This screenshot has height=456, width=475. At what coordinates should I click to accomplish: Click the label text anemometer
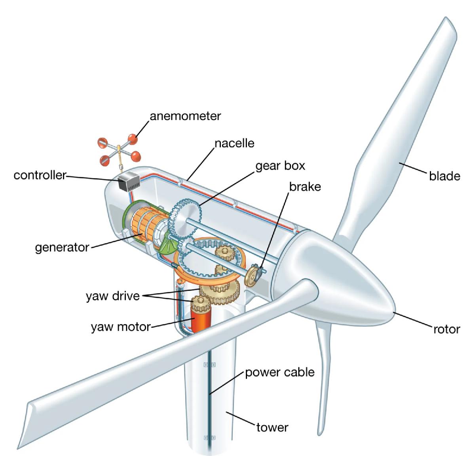coord(185,116)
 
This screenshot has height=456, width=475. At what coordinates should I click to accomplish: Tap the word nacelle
coord(234,143)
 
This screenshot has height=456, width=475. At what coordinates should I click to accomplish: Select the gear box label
coord(280,166)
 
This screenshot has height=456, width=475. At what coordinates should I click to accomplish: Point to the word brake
coord(305,187)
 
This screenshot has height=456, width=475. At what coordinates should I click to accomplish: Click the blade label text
coord(445,176)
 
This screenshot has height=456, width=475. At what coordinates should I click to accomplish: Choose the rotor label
coord(446,330)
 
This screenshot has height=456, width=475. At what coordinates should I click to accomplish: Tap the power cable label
coord(280,373)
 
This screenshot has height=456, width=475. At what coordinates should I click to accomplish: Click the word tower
coord(272,427)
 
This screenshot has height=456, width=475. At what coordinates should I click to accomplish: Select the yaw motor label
coord(121,327)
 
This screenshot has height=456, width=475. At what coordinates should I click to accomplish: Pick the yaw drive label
coord(113,296)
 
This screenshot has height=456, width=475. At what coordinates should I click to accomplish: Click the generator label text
coord(62,248)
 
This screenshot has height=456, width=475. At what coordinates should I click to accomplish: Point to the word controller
coord(40,175)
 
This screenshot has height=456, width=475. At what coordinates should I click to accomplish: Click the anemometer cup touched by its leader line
coord(133,139)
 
